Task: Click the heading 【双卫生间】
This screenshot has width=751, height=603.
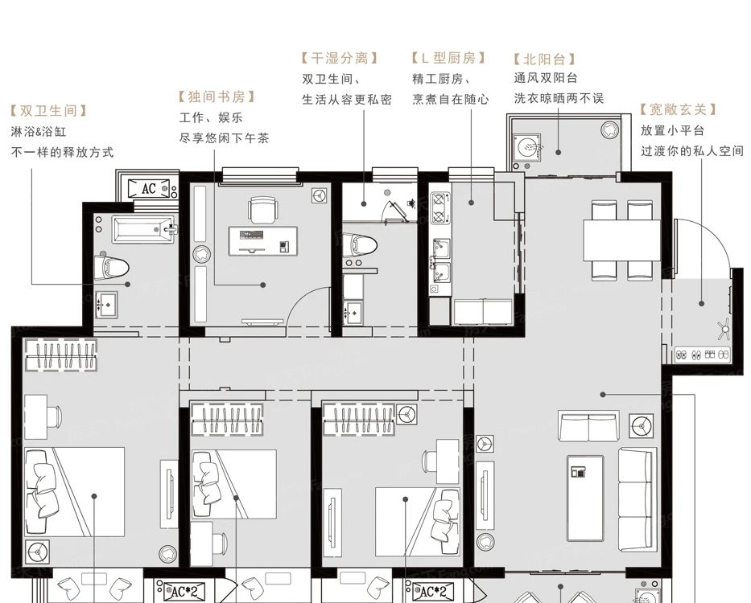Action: tap(49, 111)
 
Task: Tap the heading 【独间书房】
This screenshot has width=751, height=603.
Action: tap(217, 97)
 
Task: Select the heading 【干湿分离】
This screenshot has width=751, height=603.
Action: tap(340, 59)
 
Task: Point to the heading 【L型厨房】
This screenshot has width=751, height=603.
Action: tap(448, 59)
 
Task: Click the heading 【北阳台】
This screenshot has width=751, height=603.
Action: tap(544, 59)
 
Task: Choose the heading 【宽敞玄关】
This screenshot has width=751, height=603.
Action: tap(679, 110)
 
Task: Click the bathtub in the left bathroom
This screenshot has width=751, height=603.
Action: tap(143, 230)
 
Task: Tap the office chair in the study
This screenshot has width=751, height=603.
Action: tap(263, 210)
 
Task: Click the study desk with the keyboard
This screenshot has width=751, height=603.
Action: tap(263, 241)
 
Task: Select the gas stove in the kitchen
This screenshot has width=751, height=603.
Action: tap(439, 207)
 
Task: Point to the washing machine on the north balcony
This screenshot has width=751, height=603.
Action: tap(527, 146)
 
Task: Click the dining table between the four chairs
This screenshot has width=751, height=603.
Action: tap(621, 240)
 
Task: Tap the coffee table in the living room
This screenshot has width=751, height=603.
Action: tap(585, 498)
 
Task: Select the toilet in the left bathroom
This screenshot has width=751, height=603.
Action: tap(111, 267)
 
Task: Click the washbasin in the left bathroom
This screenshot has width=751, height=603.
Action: tap(106, 304)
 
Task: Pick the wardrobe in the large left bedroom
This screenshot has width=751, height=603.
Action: tap(61, 355)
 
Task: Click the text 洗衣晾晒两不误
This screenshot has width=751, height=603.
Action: tap(559, 99)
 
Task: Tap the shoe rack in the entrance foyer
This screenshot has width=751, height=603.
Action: tap(702, 355)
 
